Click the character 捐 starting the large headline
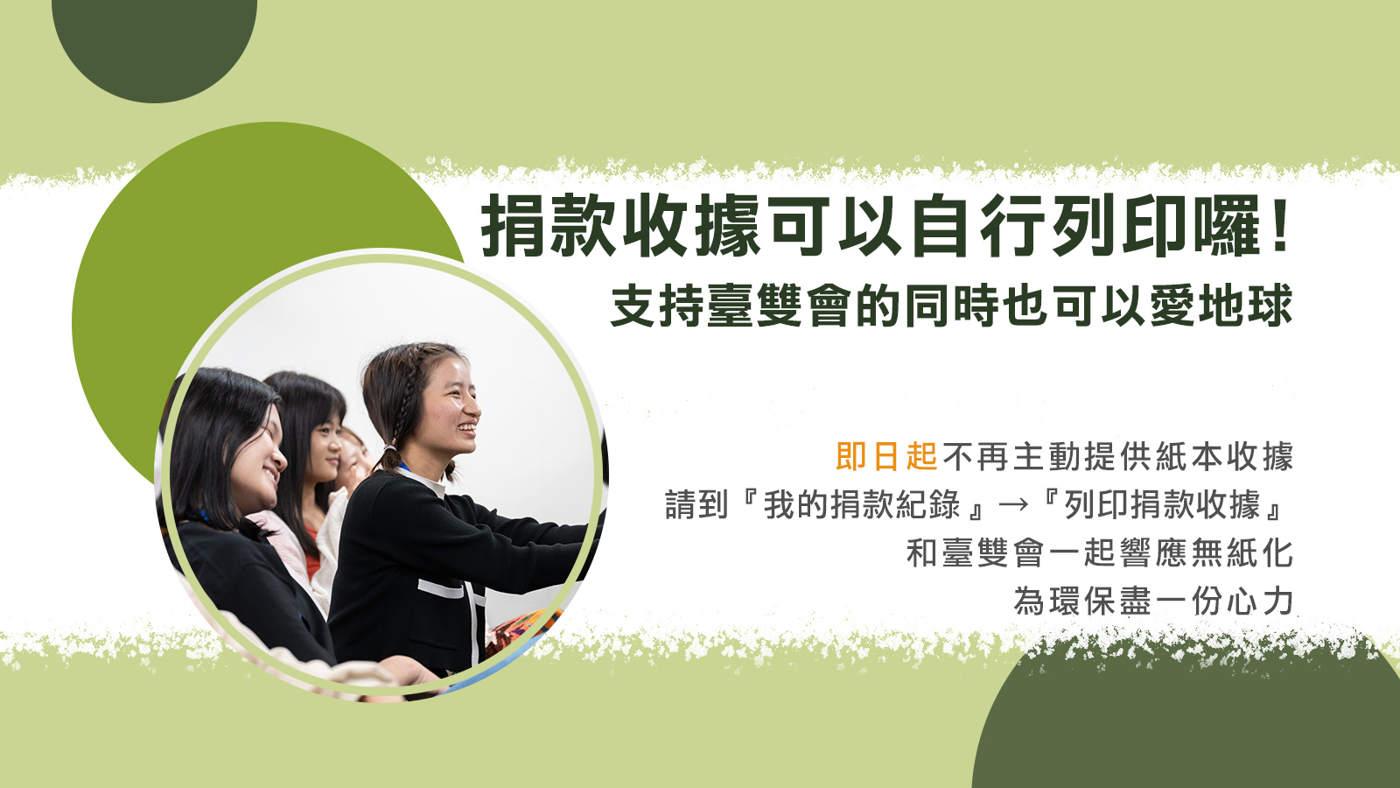(514, 226)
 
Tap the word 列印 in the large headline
(1123, 226)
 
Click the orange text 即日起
(886, 456)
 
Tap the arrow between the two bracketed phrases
(1013, 504)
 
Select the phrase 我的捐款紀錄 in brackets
(861, 504)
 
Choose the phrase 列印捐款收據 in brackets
(1163, 504)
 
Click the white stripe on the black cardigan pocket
(441, 588)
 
